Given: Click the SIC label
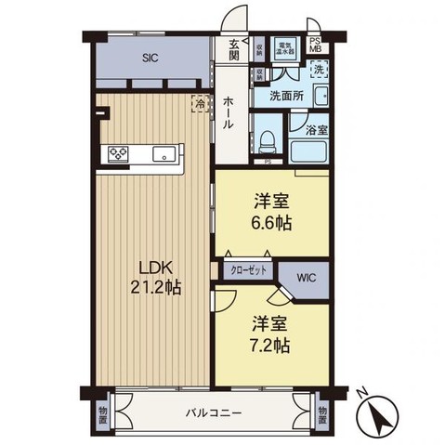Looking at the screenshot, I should click(x=150, y=58).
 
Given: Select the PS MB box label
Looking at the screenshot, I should click(x=315, y=46).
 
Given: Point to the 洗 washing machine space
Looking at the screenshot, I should click(x=318, y=71).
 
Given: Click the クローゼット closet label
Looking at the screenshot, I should click(x=249, y=269).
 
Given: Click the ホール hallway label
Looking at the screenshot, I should click(x=228, y=113).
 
